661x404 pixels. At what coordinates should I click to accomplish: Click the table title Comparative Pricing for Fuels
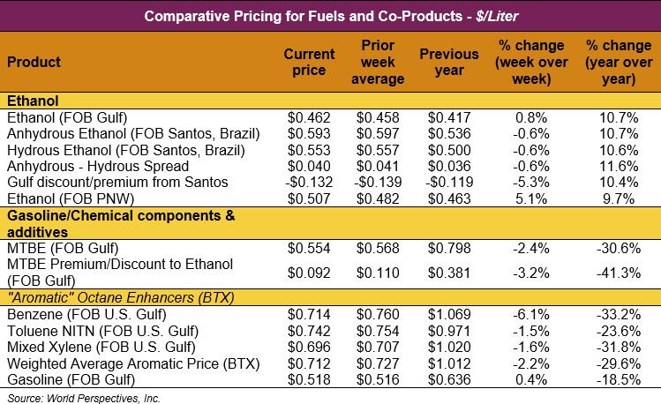329,16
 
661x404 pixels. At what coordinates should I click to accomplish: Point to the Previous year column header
448,63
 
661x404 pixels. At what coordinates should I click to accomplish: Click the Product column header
34,63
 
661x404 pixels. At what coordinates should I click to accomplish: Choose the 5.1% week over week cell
530,198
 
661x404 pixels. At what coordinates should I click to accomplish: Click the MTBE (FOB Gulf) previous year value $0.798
448,247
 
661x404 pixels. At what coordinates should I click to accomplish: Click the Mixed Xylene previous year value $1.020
448,347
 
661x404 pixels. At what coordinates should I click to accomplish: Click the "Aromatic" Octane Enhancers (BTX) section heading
120,298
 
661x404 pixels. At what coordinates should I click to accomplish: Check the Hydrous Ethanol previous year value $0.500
448,150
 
